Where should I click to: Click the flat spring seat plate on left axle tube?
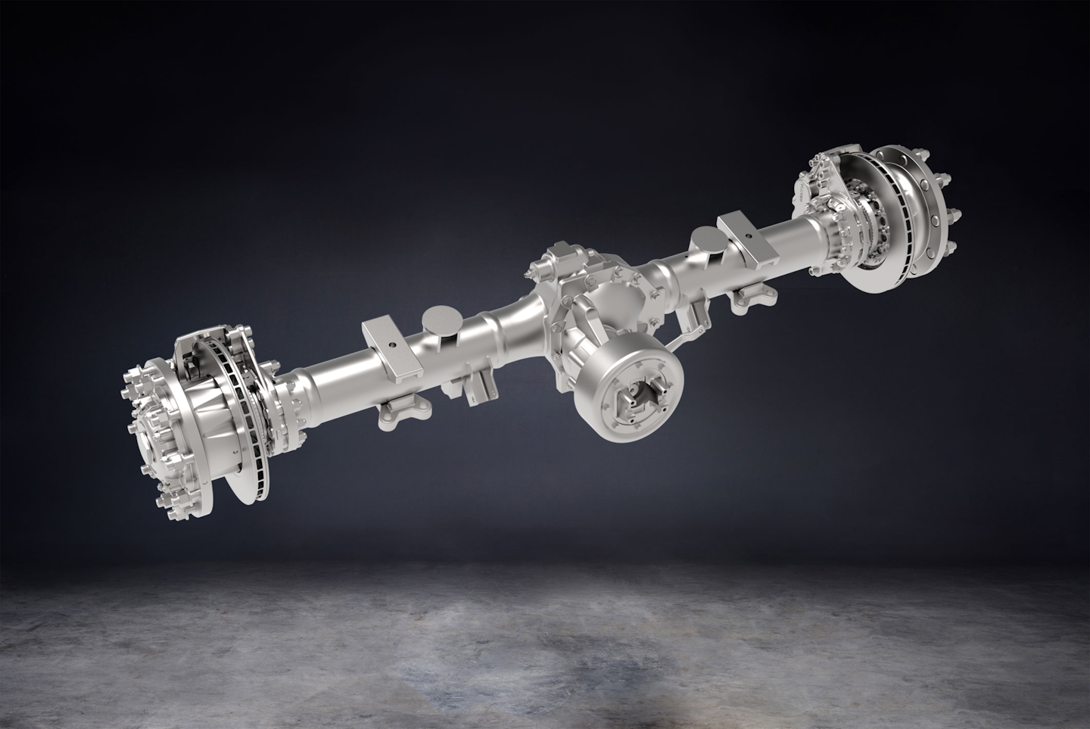click(x=391, y=347)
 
